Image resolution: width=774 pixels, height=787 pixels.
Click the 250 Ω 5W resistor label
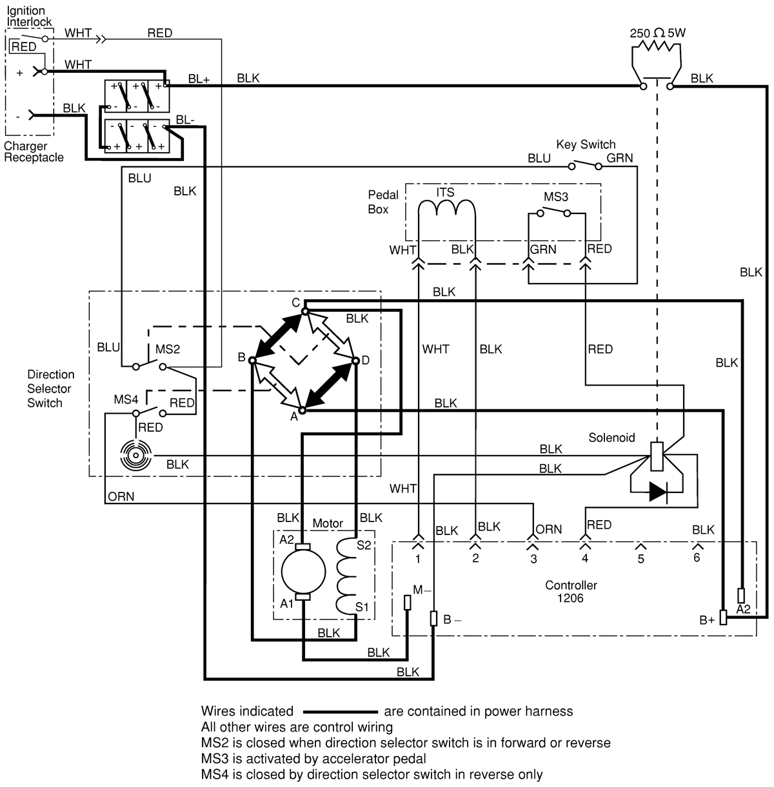[x=657, y=32]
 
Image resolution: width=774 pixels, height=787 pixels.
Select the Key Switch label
[x=586, y=144]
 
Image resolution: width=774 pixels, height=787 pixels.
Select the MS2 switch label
[x=167, y=349]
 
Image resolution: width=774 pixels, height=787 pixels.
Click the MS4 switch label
[x=126, y=400]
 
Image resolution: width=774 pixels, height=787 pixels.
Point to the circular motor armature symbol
[x=303, y=572]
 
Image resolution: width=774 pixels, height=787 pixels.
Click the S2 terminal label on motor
[x=364, y=545]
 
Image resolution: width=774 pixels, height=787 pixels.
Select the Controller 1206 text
[x=571, y=591]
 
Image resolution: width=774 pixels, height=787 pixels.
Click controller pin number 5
[x=640, y=559]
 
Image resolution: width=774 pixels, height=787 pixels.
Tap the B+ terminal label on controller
[x=707, y=621]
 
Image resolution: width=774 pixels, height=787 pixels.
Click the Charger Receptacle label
[x=34, y=151]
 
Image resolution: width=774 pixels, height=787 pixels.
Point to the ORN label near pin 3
[x=549, y=529]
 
